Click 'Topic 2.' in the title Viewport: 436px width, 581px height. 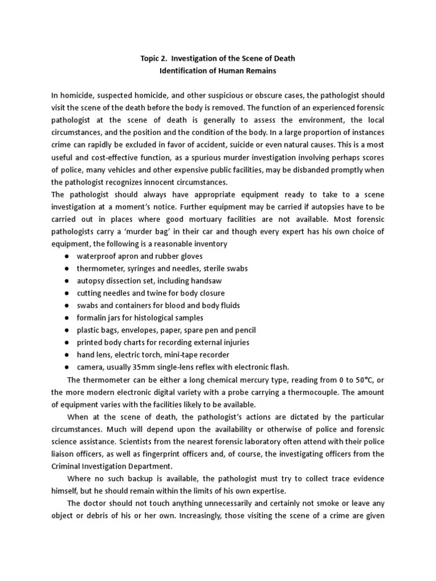point(154,58)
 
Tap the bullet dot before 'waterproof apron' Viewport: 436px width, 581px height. point(66,256)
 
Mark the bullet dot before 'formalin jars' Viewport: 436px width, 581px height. point(66,318)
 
